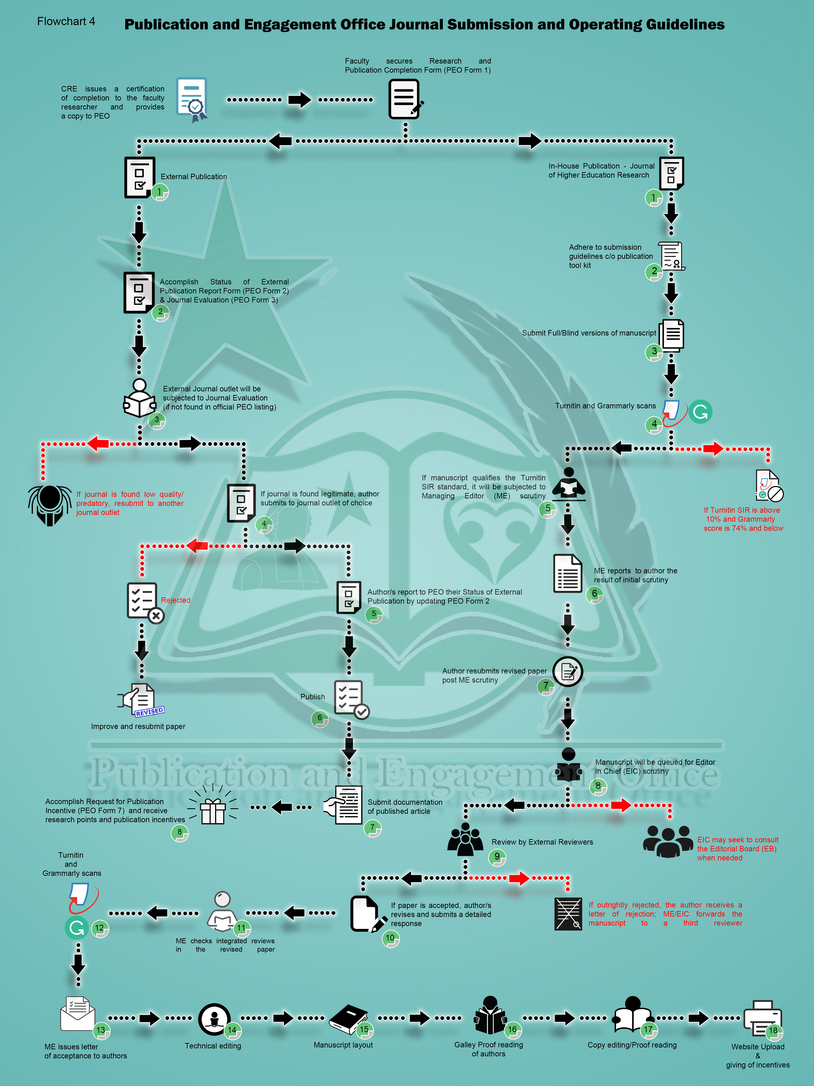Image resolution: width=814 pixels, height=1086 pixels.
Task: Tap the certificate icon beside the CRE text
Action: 192,99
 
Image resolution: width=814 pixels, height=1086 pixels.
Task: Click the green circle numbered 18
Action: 773,1031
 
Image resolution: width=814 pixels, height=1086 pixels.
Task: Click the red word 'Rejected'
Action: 176,600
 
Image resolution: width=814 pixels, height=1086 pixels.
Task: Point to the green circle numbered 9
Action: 497,857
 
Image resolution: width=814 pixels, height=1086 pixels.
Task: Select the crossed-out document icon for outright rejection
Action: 568,914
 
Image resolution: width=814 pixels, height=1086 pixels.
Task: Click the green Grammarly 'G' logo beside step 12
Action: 77,927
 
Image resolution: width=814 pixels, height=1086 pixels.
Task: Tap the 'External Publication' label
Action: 194,177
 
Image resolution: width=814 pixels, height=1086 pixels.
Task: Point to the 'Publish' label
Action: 313,697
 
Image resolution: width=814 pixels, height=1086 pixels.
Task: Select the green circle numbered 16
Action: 512,1029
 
